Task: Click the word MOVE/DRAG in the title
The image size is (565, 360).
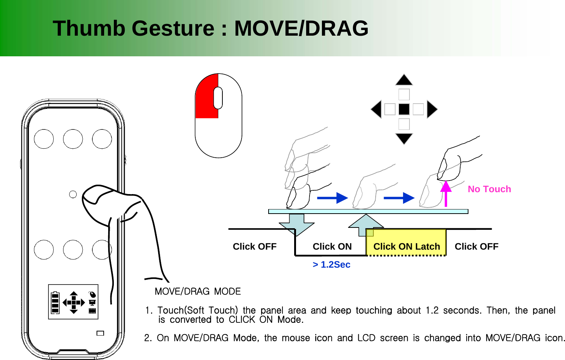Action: point(301,29)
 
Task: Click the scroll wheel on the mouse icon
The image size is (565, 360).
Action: point(218,98)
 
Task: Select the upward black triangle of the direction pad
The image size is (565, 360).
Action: point(404,80)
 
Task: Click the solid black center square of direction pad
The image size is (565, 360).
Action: point(404,109)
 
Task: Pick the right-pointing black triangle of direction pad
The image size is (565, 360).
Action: point(432,109)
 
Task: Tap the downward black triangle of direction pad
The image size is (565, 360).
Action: point(404,138)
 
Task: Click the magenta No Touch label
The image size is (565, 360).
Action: point(489,189)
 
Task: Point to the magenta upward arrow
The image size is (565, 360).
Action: point(446,193)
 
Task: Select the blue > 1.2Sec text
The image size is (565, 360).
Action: point(331,265)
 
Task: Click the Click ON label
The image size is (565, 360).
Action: point(332,247)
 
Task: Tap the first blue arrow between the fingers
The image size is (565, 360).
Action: point(332,198)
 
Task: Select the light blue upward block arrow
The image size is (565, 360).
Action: point(366,224)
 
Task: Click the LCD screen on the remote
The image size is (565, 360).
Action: point(73,302)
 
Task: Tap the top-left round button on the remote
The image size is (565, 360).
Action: point(44,139)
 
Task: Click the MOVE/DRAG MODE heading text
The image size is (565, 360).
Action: point(198,292)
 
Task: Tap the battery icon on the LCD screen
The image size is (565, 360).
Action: point(55,303)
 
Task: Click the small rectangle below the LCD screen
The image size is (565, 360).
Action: point(100,333)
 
